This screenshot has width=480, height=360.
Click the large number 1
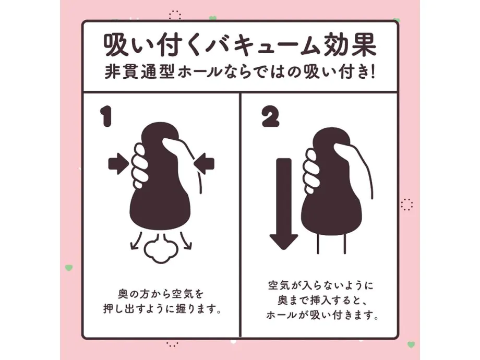[106, 117]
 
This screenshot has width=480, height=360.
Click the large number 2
[271, 117]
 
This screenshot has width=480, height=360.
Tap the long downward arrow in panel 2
[284, 203]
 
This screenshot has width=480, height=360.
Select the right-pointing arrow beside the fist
[118, 164]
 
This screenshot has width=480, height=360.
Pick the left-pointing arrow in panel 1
[204, 164]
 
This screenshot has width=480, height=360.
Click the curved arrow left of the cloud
[136, 241]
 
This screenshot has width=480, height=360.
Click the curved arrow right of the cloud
[186, 241]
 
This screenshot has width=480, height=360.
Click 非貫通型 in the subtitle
[139, 73]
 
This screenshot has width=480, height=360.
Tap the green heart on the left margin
[69, 268]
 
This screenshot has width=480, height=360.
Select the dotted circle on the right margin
[407, 205]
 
